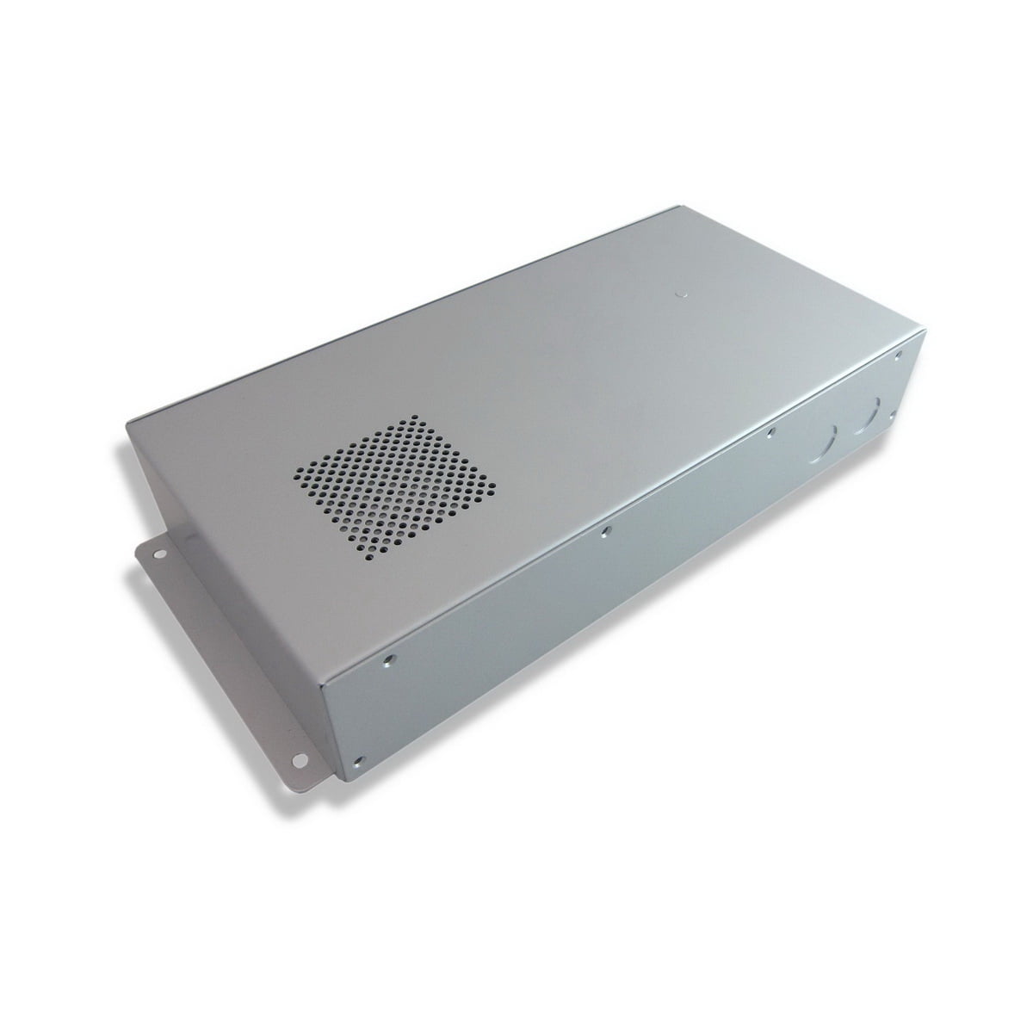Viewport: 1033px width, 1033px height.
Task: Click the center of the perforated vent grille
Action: tap(397, 484)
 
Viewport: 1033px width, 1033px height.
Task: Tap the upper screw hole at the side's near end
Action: tap(390, 661)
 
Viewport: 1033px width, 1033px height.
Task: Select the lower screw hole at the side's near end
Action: tap(362, 760)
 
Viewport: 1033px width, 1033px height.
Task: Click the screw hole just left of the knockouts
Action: tap(771, 433)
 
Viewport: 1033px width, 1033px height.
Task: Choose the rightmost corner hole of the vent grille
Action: tap(494, 492)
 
